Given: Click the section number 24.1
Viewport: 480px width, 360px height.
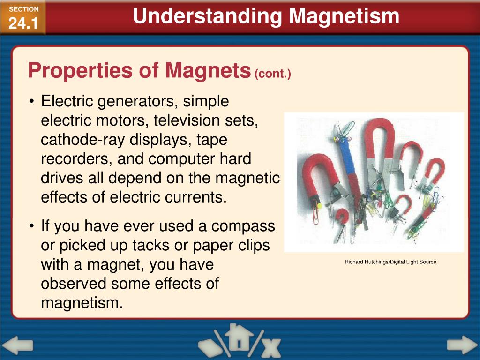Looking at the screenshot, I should [23, 23].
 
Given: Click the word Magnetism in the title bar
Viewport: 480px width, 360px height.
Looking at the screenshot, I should [344, 16].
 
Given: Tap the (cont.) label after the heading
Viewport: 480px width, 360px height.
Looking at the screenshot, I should [272, 74].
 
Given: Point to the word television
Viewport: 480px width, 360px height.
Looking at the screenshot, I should [184, 120].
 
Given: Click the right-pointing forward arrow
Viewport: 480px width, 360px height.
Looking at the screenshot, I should [461, 345].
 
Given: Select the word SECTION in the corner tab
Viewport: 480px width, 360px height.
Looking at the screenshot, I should [23, 9].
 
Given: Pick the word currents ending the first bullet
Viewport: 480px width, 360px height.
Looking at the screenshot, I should [198, 197].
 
